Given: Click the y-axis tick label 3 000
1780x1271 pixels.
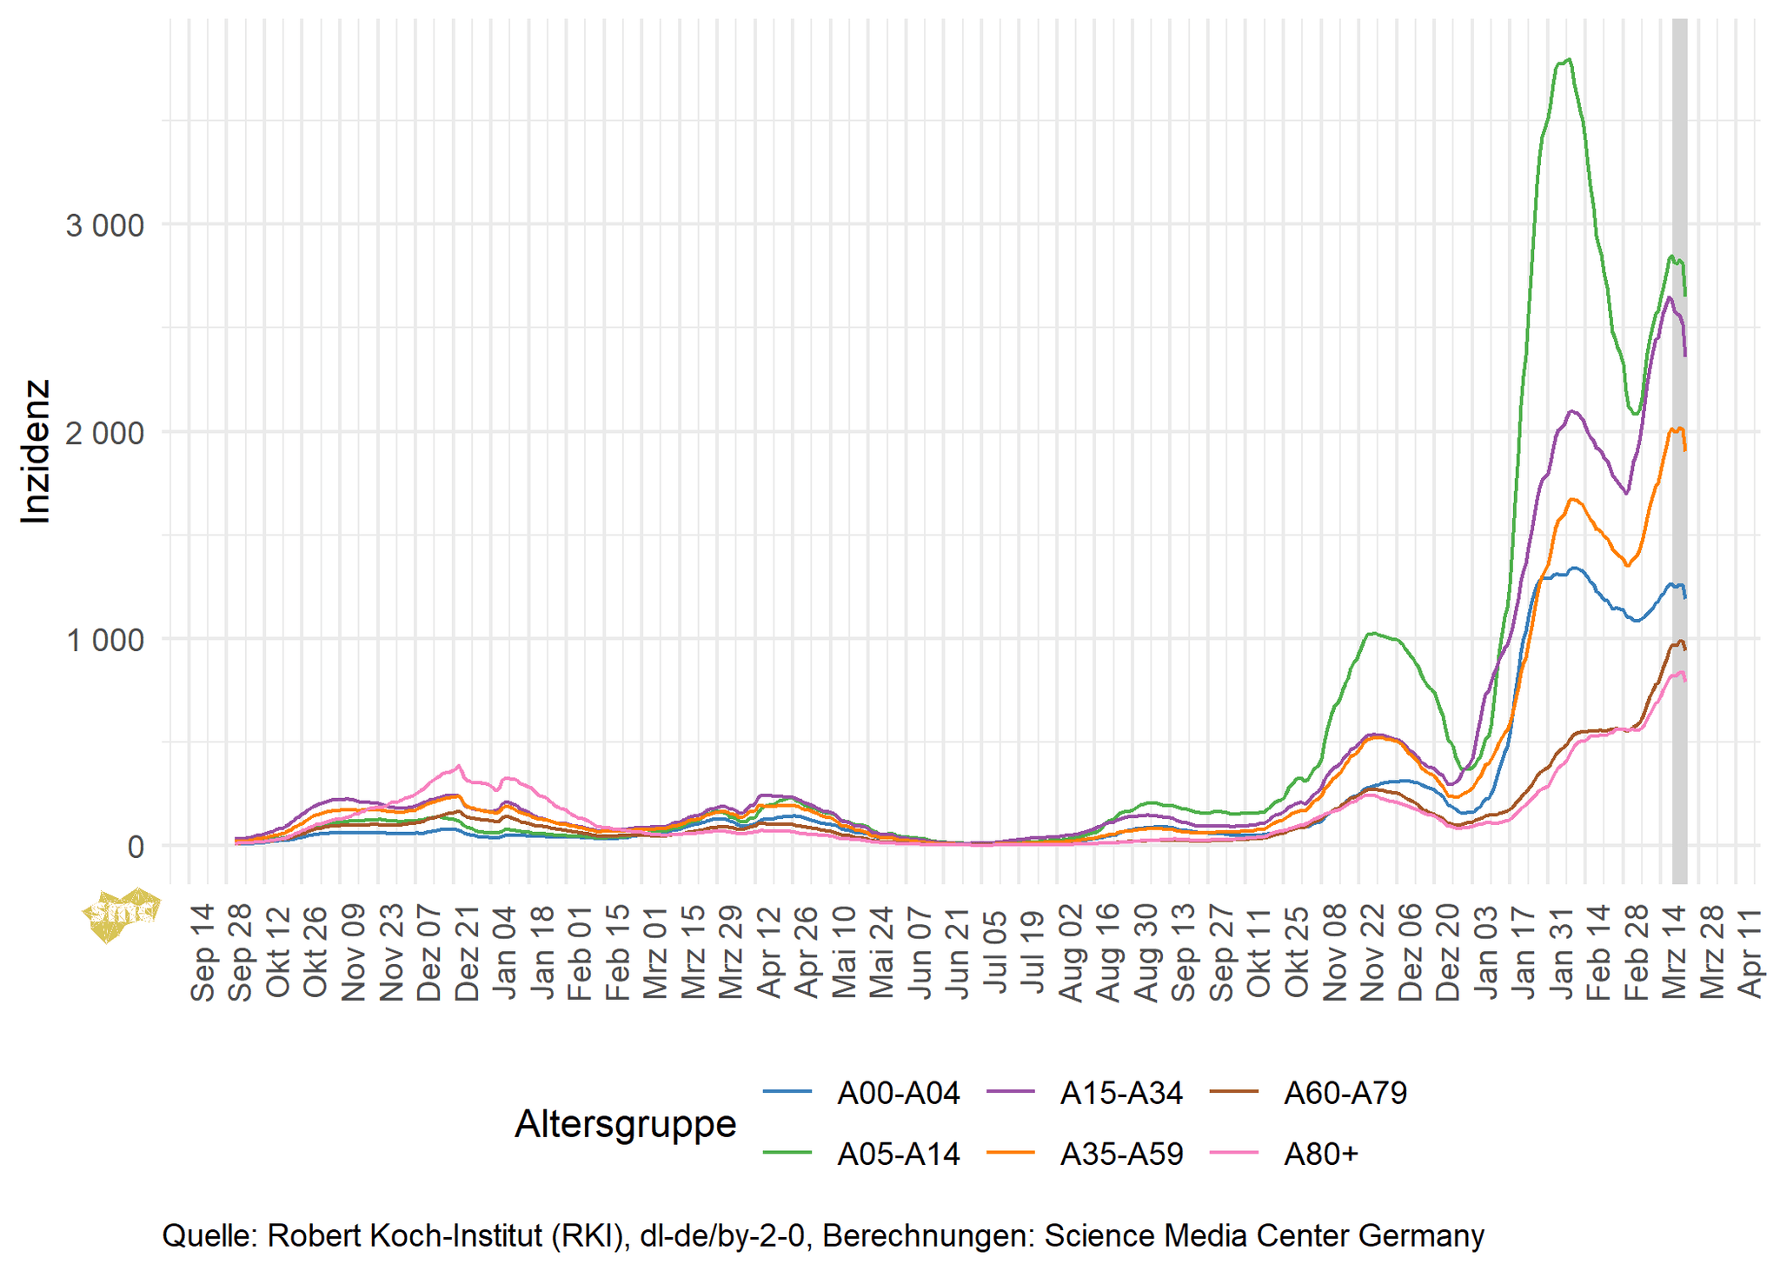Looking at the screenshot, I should point(104,226).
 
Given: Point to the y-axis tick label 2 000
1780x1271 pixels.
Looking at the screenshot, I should point(104,433).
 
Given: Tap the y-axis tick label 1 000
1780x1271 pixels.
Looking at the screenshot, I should point(104,641).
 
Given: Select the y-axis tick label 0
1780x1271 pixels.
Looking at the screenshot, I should point(135,848).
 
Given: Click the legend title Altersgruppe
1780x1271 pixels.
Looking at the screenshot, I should point(625,1123).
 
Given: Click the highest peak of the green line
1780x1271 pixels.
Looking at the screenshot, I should point(1568,60).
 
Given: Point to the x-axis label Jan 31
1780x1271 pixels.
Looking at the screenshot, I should point(1563,953).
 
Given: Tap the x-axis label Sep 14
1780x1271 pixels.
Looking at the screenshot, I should point(202,953).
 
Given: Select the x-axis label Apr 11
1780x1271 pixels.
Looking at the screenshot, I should point(1750,953).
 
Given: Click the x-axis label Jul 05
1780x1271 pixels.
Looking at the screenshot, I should point(995,953).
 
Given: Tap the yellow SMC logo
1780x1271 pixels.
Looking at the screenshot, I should point(122,914).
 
